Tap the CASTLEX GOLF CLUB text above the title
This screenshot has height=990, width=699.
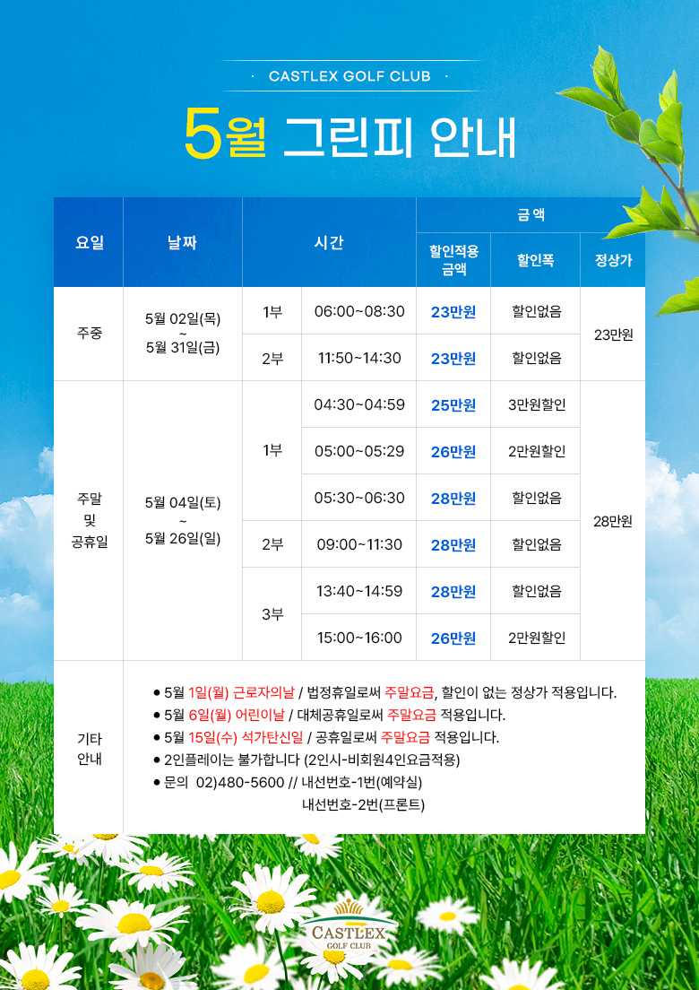[349, 76]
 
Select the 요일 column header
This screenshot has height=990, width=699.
[89, 242]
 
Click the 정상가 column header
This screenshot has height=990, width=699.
[613, 260]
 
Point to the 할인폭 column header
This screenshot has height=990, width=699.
[535, 260]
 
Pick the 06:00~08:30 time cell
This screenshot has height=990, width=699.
[359, 311]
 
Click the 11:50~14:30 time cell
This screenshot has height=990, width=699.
[359, 358]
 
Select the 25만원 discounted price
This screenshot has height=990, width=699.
[453, 405]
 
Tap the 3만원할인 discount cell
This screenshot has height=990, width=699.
[537, 404]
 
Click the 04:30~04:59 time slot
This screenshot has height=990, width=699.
[359, 404]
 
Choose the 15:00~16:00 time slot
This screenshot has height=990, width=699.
[359, 638]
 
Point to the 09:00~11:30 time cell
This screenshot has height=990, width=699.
[359, 544]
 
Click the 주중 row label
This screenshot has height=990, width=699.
[89, 334]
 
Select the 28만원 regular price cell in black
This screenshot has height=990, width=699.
[613, 522]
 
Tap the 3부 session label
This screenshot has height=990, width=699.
[272, 614]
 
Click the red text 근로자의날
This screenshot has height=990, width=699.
[263, 692]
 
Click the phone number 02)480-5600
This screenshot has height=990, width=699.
[240, 783]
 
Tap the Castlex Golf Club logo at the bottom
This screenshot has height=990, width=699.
[350, 926]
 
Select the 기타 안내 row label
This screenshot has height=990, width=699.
[89, 749]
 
